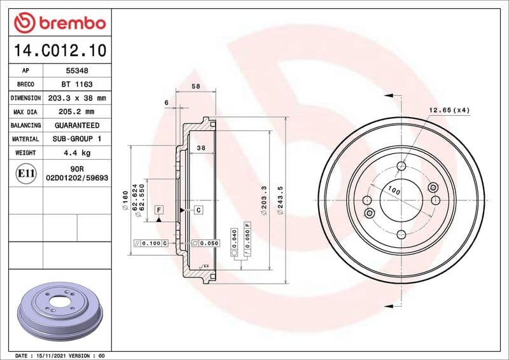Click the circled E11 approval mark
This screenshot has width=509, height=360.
(26, 174)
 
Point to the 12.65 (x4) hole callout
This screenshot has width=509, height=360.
(449, 110)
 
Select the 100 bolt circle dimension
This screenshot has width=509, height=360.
(394, 191)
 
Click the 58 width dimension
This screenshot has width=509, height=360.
(196, 87)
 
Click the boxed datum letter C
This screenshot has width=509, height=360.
(199, 209)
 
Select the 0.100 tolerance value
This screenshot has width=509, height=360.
(151, 244)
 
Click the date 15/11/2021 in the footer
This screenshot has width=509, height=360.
(56, 355)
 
